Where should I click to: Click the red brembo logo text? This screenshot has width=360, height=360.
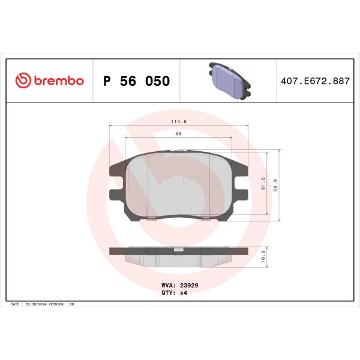pos(59,80)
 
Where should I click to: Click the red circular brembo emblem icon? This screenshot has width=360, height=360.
pos(23,80)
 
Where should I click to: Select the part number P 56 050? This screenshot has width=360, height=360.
pos(137,81)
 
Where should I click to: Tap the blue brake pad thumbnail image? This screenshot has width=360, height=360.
pos(230,81)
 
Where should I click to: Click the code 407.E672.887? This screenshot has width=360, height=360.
pos(315,81)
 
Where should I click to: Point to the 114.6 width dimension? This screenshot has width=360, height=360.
pos(179,122)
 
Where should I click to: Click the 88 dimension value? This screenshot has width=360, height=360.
pos(179,134)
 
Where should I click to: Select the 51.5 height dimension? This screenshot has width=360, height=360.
pos(263,183)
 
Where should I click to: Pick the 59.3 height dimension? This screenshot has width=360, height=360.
pos(275,185)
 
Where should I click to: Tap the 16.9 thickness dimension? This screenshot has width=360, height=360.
pos(263,257)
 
